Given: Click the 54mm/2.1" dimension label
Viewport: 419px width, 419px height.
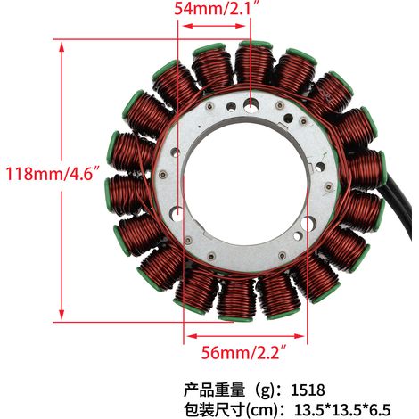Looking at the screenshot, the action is click(x=218, y=8).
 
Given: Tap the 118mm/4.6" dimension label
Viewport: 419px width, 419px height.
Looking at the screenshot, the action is click(x=53, y=174).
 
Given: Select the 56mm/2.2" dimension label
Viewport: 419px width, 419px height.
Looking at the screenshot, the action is click(x=244, y=353).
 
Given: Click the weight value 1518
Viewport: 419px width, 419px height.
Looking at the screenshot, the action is click(x=308, y=390).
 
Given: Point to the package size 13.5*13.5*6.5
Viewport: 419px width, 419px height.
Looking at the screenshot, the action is click(x=342, y=410).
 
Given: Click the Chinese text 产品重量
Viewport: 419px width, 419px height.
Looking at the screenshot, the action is click(x=214, y=390).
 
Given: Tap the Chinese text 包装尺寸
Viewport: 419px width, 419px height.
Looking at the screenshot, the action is click(x=214, y=410).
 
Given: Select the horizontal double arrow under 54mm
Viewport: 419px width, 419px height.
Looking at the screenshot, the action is click(x=214, y=26).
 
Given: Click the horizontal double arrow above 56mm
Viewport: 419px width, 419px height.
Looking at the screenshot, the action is click(x=245, y=336).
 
